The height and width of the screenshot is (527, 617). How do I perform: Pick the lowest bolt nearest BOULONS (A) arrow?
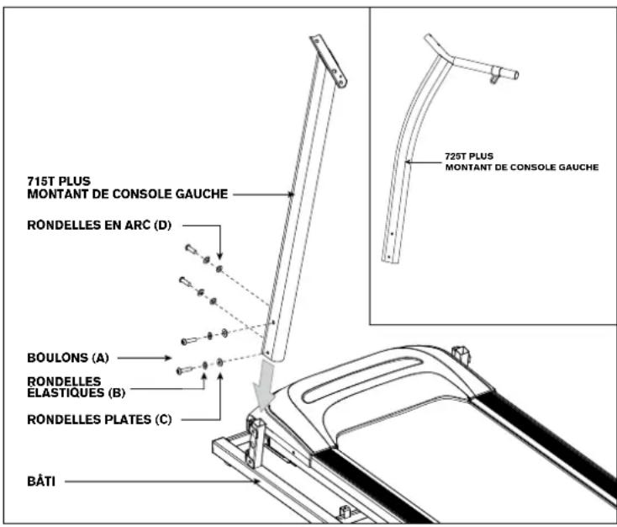[x=184, y=369]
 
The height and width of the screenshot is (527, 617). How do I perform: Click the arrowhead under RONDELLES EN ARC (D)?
[x=219, y=258]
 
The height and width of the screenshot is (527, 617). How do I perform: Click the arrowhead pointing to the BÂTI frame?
[x=258, y=482]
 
